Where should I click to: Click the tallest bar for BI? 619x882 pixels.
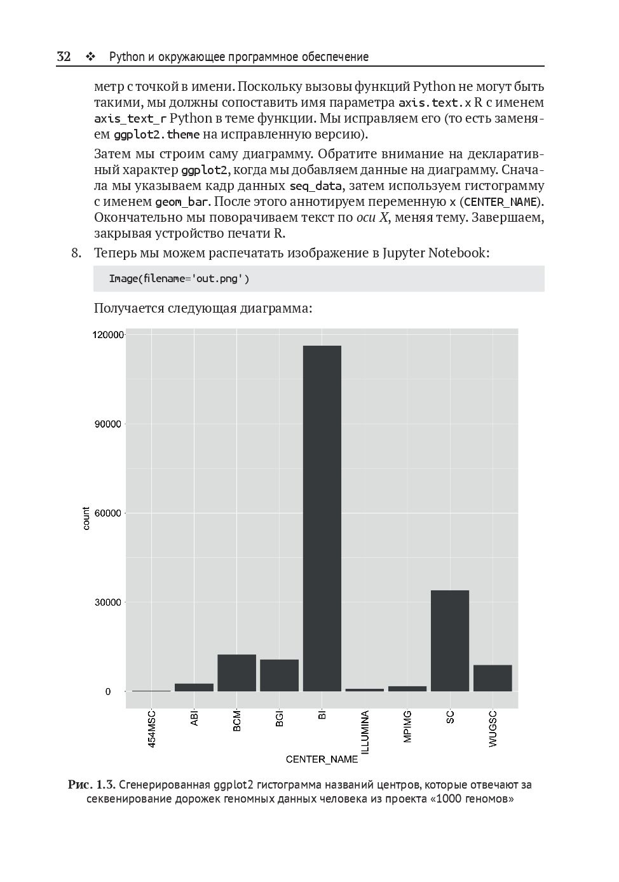tap(322, 518)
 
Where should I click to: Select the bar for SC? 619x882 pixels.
tap(450, 641)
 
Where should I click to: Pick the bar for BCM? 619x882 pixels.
tap(236, 673)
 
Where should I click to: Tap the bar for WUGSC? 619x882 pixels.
tap(493, 678)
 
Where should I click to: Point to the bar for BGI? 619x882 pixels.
tap(279, 675)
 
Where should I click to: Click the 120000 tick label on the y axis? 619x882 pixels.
tap(107, 335)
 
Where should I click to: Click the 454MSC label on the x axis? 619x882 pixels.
tap(152, 729)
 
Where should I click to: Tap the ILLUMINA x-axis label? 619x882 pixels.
tap(365, 733)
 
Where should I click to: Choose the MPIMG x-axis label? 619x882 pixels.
tap(407, 726)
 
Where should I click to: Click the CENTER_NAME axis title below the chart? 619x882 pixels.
tap(322, 759)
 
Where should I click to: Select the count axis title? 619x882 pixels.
tap(86, 519)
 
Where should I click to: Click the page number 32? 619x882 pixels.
tap(64, 57)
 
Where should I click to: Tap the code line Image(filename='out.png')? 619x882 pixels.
tap(179, 278)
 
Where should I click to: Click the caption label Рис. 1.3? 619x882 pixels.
tap(92, 785)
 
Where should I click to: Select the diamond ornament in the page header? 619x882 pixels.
tap(90, 57)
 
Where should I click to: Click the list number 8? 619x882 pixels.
tap(76, 253)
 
